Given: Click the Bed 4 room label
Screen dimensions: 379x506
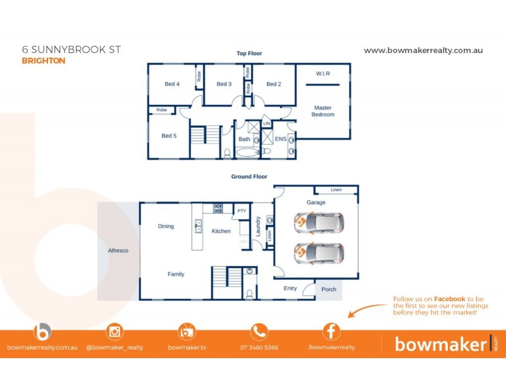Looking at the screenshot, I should pos(172,84).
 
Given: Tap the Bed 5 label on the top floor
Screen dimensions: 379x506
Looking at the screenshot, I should pos(168,135).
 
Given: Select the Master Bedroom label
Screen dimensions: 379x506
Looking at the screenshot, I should pos(323,111).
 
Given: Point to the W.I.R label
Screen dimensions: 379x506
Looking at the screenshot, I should pos(323,73).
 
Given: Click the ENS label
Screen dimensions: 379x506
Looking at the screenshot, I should pos(281,139).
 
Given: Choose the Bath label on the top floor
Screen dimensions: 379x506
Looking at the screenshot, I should pos(244,139).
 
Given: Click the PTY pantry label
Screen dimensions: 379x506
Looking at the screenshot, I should pos(242,210).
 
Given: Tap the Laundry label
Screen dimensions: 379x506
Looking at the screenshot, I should pos(258,226).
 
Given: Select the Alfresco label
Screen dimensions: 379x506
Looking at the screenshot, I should pos(118,251).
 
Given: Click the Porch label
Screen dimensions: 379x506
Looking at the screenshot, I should pos(329,289).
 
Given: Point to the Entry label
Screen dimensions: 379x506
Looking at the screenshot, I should pos(290,288).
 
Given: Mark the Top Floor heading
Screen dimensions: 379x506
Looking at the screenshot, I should pos(249,54).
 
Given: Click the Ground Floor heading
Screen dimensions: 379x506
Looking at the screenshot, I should pos(249,177).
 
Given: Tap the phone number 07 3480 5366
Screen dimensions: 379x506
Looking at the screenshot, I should pos(259,347).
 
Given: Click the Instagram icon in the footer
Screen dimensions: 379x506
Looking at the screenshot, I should pos(114,331).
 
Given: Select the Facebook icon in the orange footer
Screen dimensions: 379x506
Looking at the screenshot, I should pos(331,331).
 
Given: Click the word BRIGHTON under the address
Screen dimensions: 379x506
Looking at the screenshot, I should pos(44,61).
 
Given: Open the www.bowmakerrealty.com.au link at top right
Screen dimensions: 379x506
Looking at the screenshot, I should pos(423,50).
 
